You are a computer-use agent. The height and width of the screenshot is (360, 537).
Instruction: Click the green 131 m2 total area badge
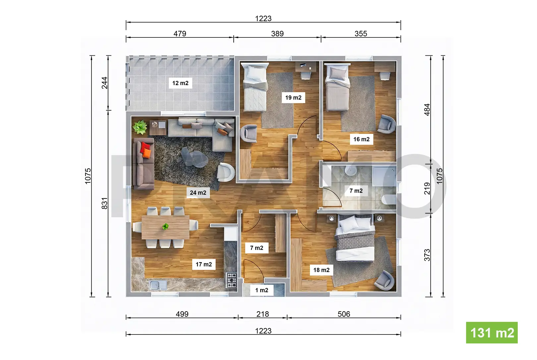click(492, 332)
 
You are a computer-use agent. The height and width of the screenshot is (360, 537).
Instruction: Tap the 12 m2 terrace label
click(180, 83)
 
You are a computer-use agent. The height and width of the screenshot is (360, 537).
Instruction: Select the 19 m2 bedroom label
click(293, 97)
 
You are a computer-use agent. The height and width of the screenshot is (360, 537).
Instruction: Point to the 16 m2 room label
click(361, 139)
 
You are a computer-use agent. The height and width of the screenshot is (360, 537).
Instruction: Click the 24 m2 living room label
click(198, 193)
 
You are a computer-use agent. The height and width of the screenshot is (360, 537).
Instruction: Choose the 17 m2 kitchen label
click(204, 265)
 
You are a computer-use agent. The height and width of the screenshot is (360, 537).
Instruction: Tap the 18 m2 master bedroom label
click(322, 270)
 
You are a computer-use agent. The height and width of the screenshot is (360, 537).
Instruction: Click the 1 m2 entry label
click(262, 290)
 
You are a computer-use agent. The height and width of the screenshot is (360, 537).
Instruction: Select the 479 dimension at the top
click(180, 33)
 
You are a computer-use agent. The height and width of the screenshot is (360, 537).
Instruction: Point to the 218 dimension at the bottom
click(263, 314)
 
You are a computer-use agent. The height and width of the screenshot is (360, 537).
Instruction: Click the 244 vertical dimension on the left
click(105, 83)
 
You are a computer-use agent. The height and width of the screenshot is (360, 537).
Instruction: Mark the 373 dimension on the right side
click(427, 255)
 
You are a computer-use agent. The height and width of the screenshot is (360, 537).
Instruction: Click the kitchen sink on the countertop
click(158, 285)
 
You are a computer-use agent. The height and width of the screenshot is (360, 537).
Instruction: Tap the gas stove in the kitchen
click(231, 280)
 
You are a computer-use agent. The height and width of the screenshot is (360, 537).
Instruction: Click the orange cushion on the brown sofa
click(147, 153)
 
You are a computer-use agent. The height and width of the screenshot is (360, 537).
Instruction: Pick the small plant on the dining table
click(165, 226)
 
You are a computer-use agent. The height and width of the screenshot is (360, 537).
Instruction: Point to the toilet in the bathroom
click(388, 200)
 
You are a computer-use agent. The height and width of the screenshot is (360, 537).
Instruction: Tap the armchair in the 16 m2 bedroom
click(387, 124)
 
